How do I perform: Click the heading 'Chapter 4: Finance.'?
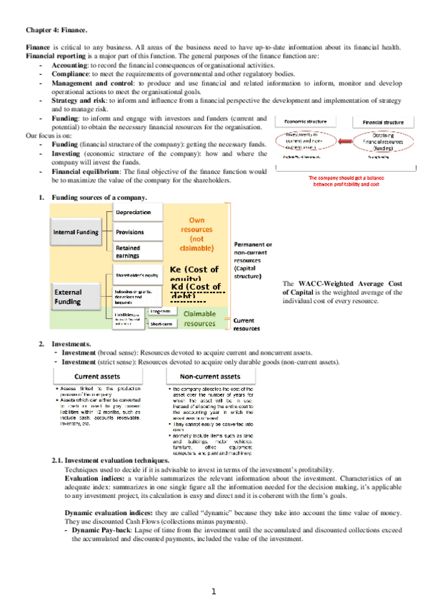pyautogui.click(x=56, y=31)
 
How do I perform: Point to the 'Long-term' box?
pyautogui.click(x=163, y=311)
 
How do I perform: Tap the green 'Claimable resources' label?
pyautogui.click(x=195, y=318)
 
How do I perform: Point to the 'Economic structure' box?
pyautogui.click(x=307, y=121)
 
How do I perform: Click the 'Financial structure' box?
pyautogui.click(x=385, y=121)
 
